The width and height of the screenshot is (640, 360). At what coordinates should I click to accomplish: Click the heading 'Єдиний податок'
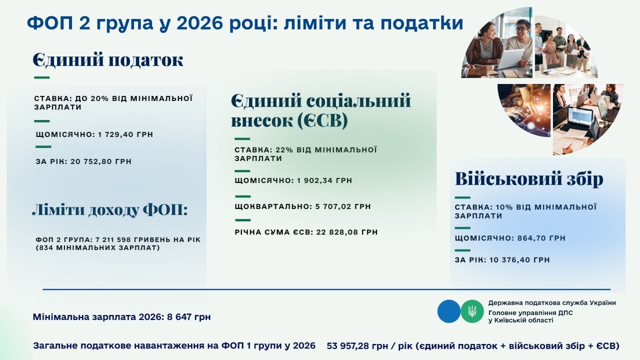point(108,60)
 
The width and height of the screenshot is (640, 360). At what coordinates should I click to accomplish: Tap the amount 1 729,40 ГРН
point(128,134)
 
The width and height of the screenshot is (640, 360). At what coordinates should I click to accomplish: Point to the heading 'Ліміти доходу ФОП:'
point(109,210)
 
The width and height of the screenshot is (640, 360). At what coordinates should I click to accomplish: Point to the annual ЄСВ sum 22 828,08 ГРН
point(347,232)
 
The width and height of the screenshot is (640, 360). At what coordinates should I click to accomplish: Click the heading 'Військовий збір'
point(529,179)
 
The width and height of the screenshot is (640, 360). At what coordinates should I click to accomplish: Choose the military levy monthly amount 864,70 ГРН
point(541,238)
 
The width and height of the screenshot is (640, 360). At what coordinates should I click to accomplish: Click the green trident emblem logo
point(472,311)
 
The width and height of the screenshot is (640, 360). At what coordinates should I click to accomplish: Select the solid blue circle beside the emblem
point(448,311)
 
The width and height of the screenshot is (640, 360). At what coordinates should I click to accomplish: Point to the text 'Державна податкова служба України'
point(552,302)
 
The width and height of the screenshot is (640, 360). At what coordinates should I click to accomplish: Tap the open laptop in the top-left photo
point(510,59)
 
